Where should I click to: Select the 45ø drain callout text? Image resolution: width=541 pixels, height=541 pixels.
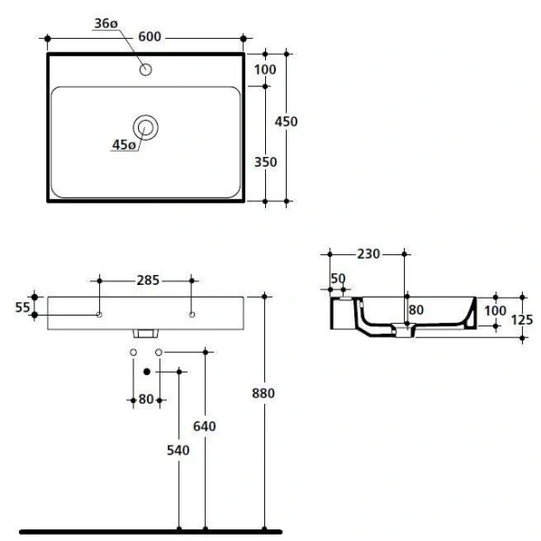pos(124,144)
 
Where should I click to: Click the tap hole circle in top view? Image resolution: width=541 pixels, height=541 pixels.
pos(145,69)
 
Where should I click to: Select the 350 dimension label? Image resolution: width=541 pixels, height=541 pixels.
pos(265,162)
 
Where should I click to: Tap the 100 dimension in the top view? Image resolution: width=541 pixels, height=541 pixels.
pos(265,69)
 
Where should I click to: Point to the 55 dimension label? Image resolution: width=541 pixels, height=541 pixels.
pos(23,307)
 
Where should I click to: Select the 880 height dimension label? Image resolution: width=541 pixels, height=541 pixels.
pos(263,393)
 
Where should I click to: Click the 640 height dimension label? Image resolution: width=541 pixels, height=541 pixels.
pos(206,426)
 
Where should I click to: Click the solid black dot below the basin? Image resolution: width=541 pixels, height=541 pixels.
pos(146,371)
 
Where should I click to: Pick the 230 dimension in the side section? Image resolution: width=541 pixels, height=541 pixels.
pos(368,254)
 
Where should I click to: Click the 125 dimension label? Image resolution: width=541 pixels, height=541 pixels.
pos(524,318)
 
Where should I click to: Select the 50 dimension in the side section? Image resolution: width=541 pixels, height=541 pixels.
pos(337,279)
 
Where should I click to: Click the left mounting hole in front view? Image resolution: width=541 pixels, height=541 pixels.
pos(99,315)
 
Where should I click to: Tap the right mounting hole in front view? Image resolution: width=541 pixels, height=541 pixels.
pos(192,315)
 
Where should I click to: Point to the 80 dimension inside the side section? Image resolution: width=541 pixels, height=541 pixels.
pos(416,311)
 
